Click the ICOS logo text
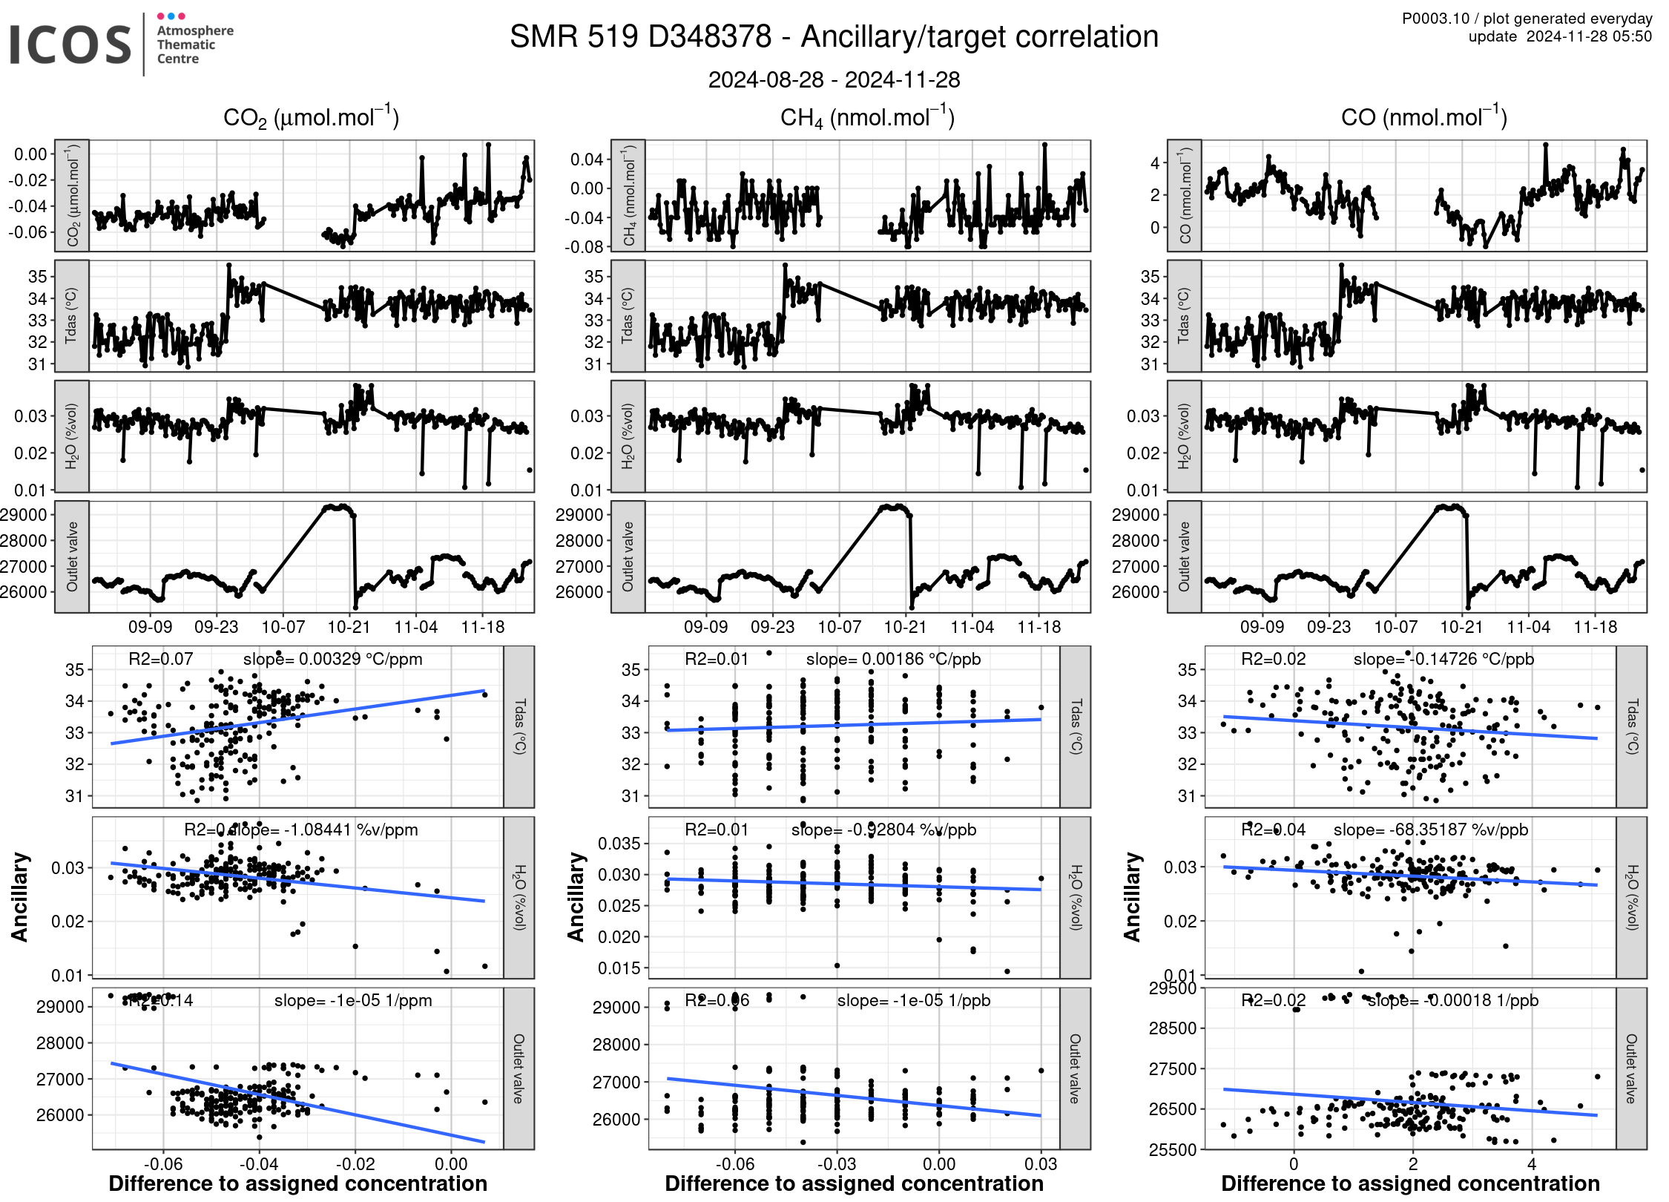coord(70,45)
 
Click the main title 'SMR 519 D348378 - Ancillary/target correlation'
coord(834,36)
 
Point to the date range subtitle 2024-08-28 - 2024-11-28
coord(834,79)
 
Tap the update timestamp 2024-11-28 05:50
coord(1588,36)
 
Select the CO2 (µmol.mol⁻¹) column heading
coord(311,117)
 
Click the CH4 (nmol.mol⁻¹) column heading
coord(867,117)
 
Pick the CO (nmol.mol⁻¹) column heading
coord(1423,117)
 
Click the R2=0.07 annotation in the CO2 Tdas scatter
coord(160,659)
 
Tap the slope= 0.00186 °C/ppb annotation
coord(893,659)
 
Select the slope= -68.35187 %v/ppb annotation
coord(1430,830)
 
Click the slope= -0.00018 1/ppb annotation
coord(1452,1000)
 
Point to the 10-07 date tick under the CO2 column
coord(283,627)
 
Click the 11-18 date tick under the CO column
coord(1595,627)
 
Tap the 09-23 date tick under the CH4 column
coord(772,627)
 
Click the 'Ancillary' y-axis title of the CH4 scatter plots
coord(576,897)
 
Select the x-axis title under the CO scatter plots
coord(1410,1183)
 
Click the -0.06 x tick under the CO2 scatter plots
coord(163,1164)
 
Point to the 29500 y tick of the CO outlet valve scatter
coord(1172,988)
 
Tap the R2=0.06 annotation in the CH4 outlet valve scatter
coord(717,1000)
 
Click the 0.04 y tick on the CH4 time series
coord(586,159)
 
